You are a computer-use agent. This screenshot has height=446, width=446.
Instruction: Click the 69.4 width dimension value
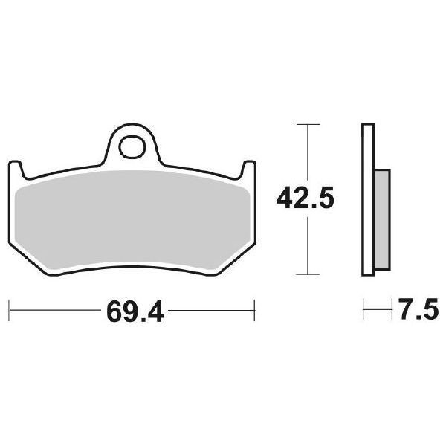coord(135,311)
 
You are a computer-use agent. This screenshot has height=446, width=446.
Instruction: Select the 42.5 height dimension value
coord(306,198)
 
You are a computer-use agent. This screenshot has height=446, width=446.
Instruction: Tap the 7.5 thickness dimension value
coord(418,308)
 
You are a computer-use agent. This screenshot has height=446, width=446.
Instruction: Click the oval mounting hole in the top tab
coord(132,147)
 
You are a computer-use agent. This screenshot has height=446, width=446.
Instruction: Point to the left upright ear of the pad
coord(16,170)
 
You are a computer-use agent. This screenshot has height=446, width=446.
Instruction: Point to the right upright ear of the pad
coord(248,170)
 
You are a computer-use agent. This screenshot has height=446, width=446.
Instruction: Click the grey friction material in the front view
coord(132,220)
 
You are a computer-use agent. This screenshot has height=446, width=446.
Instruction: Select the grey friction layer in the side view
coord(382,220)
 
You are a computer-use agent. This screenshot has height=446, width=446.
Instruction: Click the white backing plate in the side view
coord(368,200)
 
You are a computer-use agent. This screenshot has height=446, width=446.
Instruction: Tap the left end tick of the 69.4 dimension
coord(9,310)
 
